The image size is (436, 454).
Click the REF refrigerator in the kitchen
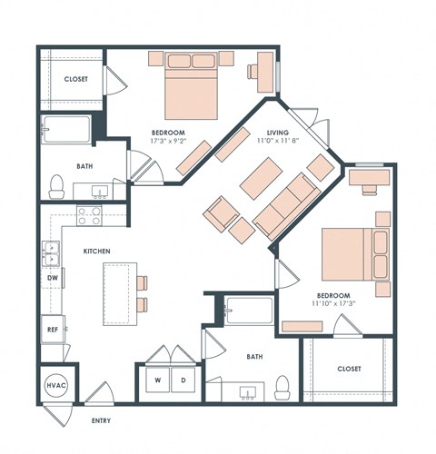click(53, 330)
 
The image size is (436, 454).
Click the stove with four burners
click(88, 216)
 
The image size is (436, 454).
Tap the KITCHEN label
click(98, 250)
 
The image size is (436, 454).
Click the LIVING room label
click(277, 133)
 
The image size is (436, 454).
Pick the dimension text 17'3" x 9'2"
click(170, 141)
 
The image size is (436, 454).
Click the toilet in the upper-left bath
click(55, 186)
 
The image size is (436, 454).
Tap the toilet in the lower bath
click(283, 388)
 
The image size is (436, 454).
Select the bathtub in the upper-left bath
click(66, 132)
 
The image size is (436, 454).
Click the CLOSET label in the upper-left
click(75, 79)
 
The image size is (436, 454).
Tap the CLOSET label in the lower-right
click(348, 369)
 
